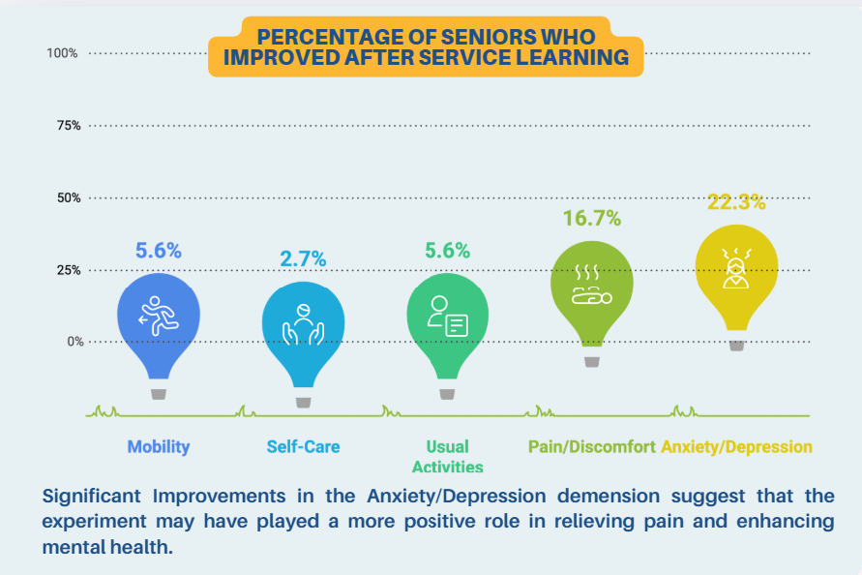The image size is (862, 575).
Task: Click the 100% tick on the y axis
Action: tap(62, 52)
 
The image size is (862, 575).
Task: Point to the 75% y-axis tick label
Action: tap(66, 125)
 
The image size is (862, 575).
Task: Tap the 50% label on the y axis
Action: tap(66, 197)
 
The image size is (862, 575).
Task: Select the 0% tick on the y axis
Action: tap(70, 342)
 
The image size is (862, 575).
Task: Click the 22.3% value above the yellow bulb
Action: tap(735, 202)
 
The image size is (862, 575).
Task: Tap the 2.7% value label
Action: tap(303, 258)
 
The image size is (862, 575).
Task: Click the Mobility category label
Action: tap(159, 446)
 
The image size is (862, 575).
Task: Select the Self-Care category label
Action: tap(303, 446)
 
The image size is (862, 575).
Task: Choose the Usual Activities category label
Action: tap(447, 456)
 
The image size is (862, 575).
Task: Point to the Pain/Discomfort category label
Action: tap(592, 446)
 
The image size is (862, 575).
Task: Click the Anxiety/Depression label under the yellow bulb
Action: tap(736, 446)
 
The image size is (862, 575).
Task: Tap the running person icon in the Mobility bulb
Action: tap(158, 315)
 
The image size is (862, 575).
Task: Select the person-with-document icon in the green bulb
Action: tap(448, 315)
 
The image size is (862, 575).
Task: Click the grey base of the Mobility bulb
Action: tap(159, 394)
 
